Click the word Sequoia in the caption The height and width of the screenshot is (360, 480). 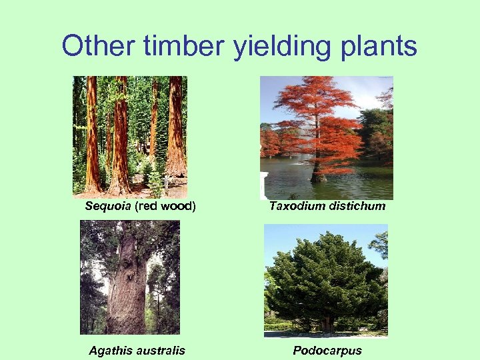tap(108, 206)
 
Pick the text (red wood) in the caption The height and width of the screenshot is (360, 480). tap(165, 206)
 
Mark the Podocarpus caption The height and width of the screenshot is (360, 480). tap(327, 351)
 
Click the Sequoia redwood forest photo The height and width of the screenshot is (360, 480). tap(130, 137)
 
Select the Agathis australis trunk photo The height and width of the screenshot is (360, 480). tap(130, 277)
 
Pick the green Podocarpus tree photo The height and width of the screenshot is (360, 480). tap(326, 281)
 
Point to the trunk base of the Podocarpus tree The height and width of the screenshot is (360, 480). tap(327, 325)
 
